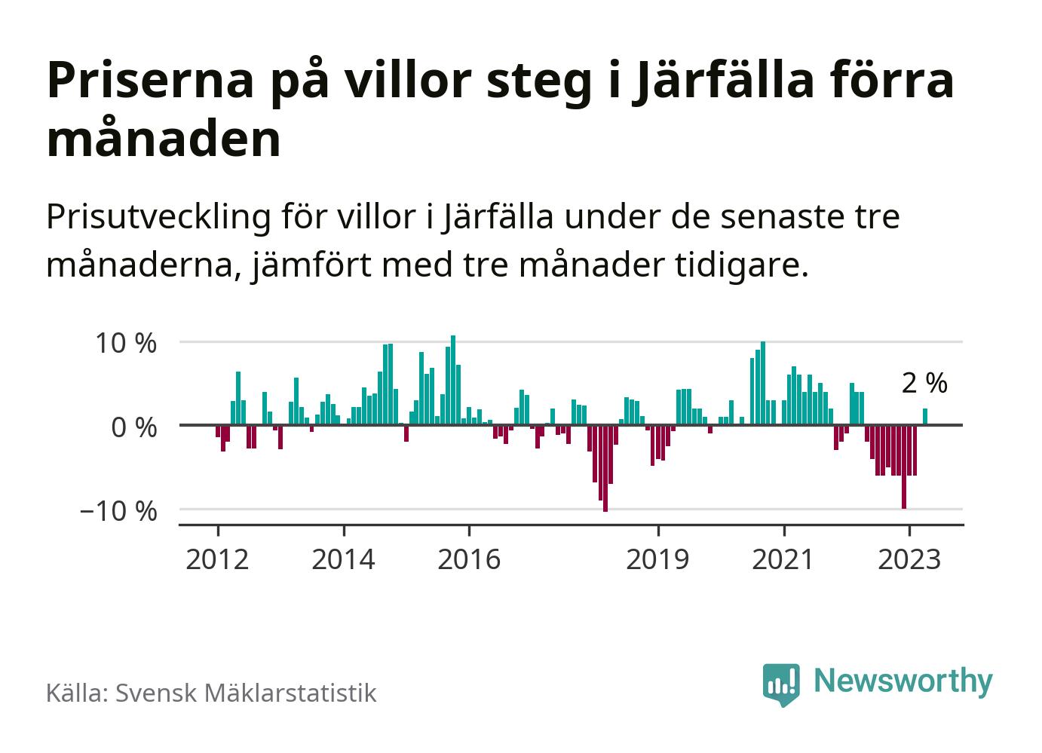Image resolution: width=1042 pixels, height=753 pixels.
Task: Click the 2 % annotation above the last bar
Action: point(924,384)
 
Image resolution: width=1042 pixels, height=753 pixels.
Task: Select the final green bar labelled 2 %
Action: point(925,417)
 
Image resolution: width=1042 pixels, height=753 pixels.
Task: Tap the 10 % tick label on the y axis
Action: point(126,344)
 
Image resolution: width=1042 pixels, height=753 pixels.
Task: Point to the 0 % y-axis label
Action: point(134,427)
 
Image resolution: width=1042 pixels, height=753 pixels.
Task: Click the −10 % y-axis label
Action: point(118,511)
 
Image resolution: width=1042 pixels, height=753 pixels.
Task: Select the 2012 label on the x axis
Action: point(217,559)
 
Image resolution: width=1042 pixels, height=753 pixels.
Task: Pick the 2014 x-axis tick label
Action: point(343,559)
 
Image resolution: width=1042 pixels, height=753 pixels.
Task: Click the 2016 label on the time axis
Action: point(469,559)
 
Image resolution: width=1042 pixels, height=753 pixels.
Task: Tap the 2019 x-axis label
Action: point(657,559)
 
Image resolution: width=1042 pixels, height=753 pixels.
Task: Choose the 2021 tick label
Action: point(783,559)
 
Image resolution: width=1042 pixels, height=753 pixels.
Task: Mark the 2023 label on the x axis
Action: point(909,559)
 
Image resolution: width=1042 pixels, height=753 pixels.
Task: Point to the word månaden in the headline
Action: point(164,139)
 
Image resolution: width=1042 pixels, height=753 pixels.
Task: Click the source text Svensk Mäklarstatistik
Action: point(245,693)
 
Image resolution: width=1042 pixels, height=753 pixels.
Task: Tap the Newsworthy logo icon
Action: point(780,684)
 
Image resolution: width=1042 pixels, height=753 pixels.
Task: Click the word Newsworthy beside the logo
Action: point(903,681)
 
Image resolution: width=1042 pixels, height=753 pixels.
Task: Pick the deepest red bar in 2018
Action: point(605,468)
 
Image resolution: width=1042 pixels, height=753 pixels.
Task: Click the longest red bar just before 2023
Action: point(904,467)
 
